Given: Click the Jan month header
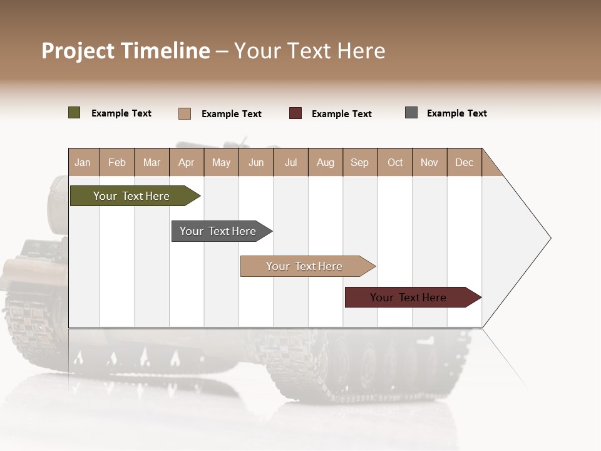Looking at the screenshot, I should pos(83,162).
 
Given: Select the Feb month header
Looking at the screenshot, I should pos(117,162).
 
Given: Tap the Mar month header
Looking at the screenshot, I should pos(152,162).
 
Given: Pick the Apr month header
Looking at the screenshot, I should pos(187,162).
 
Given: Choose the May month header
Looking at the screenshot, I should pos(221,162).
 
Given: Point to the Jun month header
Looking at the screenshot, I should pos(256,162).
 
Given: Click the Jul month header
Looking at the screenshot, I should pos(290,162).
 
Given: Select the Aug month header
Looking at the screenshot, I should pos(326,162).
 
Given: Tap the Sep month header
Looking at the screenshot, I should pos(360,162).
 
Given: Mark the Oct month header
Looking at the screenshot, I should pos(395,162).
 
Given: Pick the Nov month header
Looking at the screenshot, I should pos(429,162).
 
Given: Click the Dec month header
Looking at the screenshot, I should pos(465,162).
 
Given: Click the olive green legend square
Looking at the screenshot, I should pos(74,113).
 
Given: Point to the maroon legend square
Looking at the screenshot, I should pos(295,113).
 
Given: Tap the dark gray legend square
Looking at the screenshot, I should pos(411,113).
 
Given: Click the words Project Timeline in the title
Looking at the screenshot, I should pos(126,51).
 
